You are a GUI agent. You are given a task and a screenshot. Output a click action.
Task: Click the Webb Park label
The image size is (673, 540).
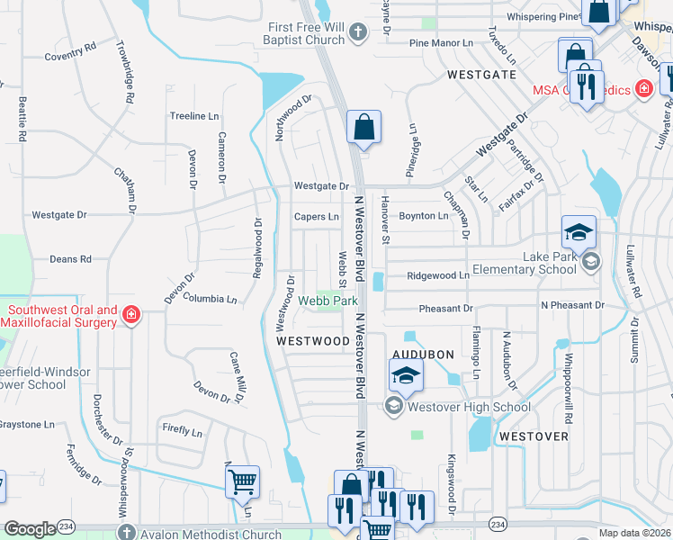328,301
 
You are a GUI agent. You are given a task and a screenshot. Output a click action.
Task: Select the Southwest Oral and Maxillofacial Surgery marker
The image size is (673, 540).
130,314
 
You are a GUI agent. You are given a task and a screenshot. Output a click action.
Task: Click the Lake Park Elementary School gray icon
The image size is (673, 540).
590,261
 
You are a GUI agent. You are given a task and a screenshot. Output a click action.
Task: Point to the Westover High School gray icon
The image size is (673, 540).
393,407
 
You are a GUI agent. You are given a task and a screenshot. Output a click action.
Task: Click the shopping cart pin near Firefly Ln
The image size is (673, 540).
242,481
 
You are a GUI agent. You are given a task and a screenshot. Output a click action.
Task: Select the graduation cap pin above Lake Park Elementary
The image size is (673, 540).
579,232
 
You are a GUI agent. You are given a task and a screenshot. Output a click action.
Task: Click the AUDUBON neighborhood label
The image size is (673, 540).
423,355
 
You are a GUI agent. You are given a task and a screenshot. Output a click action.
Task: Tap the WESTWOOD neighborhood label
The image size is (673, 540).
313,341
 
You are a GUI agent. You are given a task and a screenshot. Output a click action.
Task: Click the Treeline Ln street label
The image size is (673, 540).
194,116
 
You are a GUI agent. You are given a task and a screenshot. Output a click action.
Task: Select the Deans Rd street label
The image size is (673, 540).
70,259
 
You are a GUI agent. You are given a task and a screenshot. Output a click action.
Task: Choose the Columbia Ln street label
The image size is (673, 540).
209,298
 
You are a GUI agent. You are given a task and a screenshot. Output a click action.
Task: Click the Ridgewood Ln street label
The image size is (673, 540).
438,276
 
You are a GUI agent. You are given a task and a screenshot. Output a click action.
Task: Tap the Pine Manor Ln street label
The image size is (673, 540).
441,42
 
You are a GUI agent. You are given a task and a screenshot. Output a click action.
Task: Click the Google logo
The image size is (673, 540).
30,529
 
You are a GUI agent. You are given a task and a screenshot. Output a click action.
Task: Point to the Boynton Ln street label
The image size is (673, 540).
423,216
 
